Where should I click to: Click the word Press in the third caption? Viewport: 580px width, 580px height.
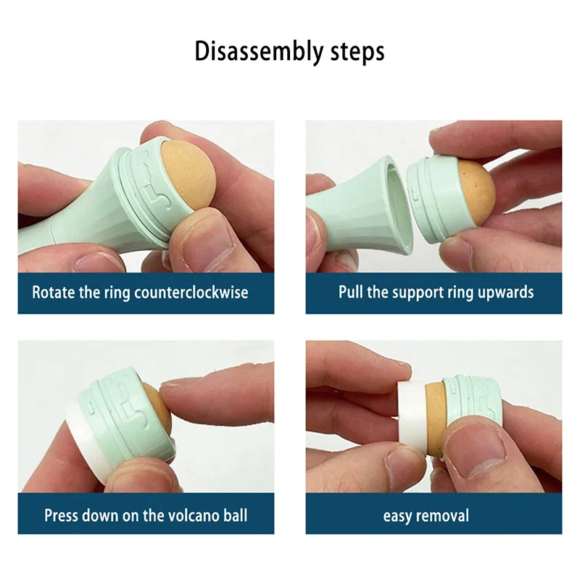tap(62, 515)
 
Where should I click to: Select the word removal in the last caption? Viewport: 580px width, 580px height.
tap(444, 516)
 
